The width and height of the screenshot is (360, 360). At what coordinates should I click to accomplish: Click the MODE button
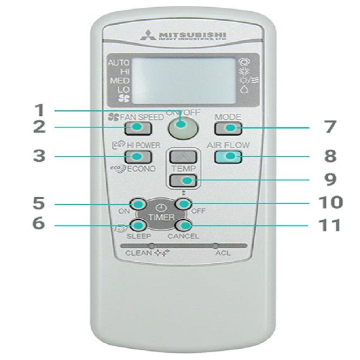click(228, 128)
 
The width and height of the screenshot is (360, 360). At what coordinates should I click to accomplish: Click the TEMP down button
click(182, 180)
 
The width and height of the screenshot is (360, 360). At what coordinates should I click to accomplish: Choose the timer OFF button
click(183, 204)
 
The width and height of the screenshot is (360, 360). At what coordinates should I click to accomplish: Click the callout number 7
click(330, 127)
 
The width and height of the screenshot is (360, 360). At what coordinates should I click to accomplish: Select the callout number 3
click(39, 156)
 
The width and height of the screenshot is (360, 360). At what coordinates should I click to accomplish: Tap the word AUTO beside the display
click(119, 63)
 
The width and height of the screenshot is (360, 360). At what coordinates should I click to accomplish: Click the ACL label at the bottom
click(223, 253)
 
